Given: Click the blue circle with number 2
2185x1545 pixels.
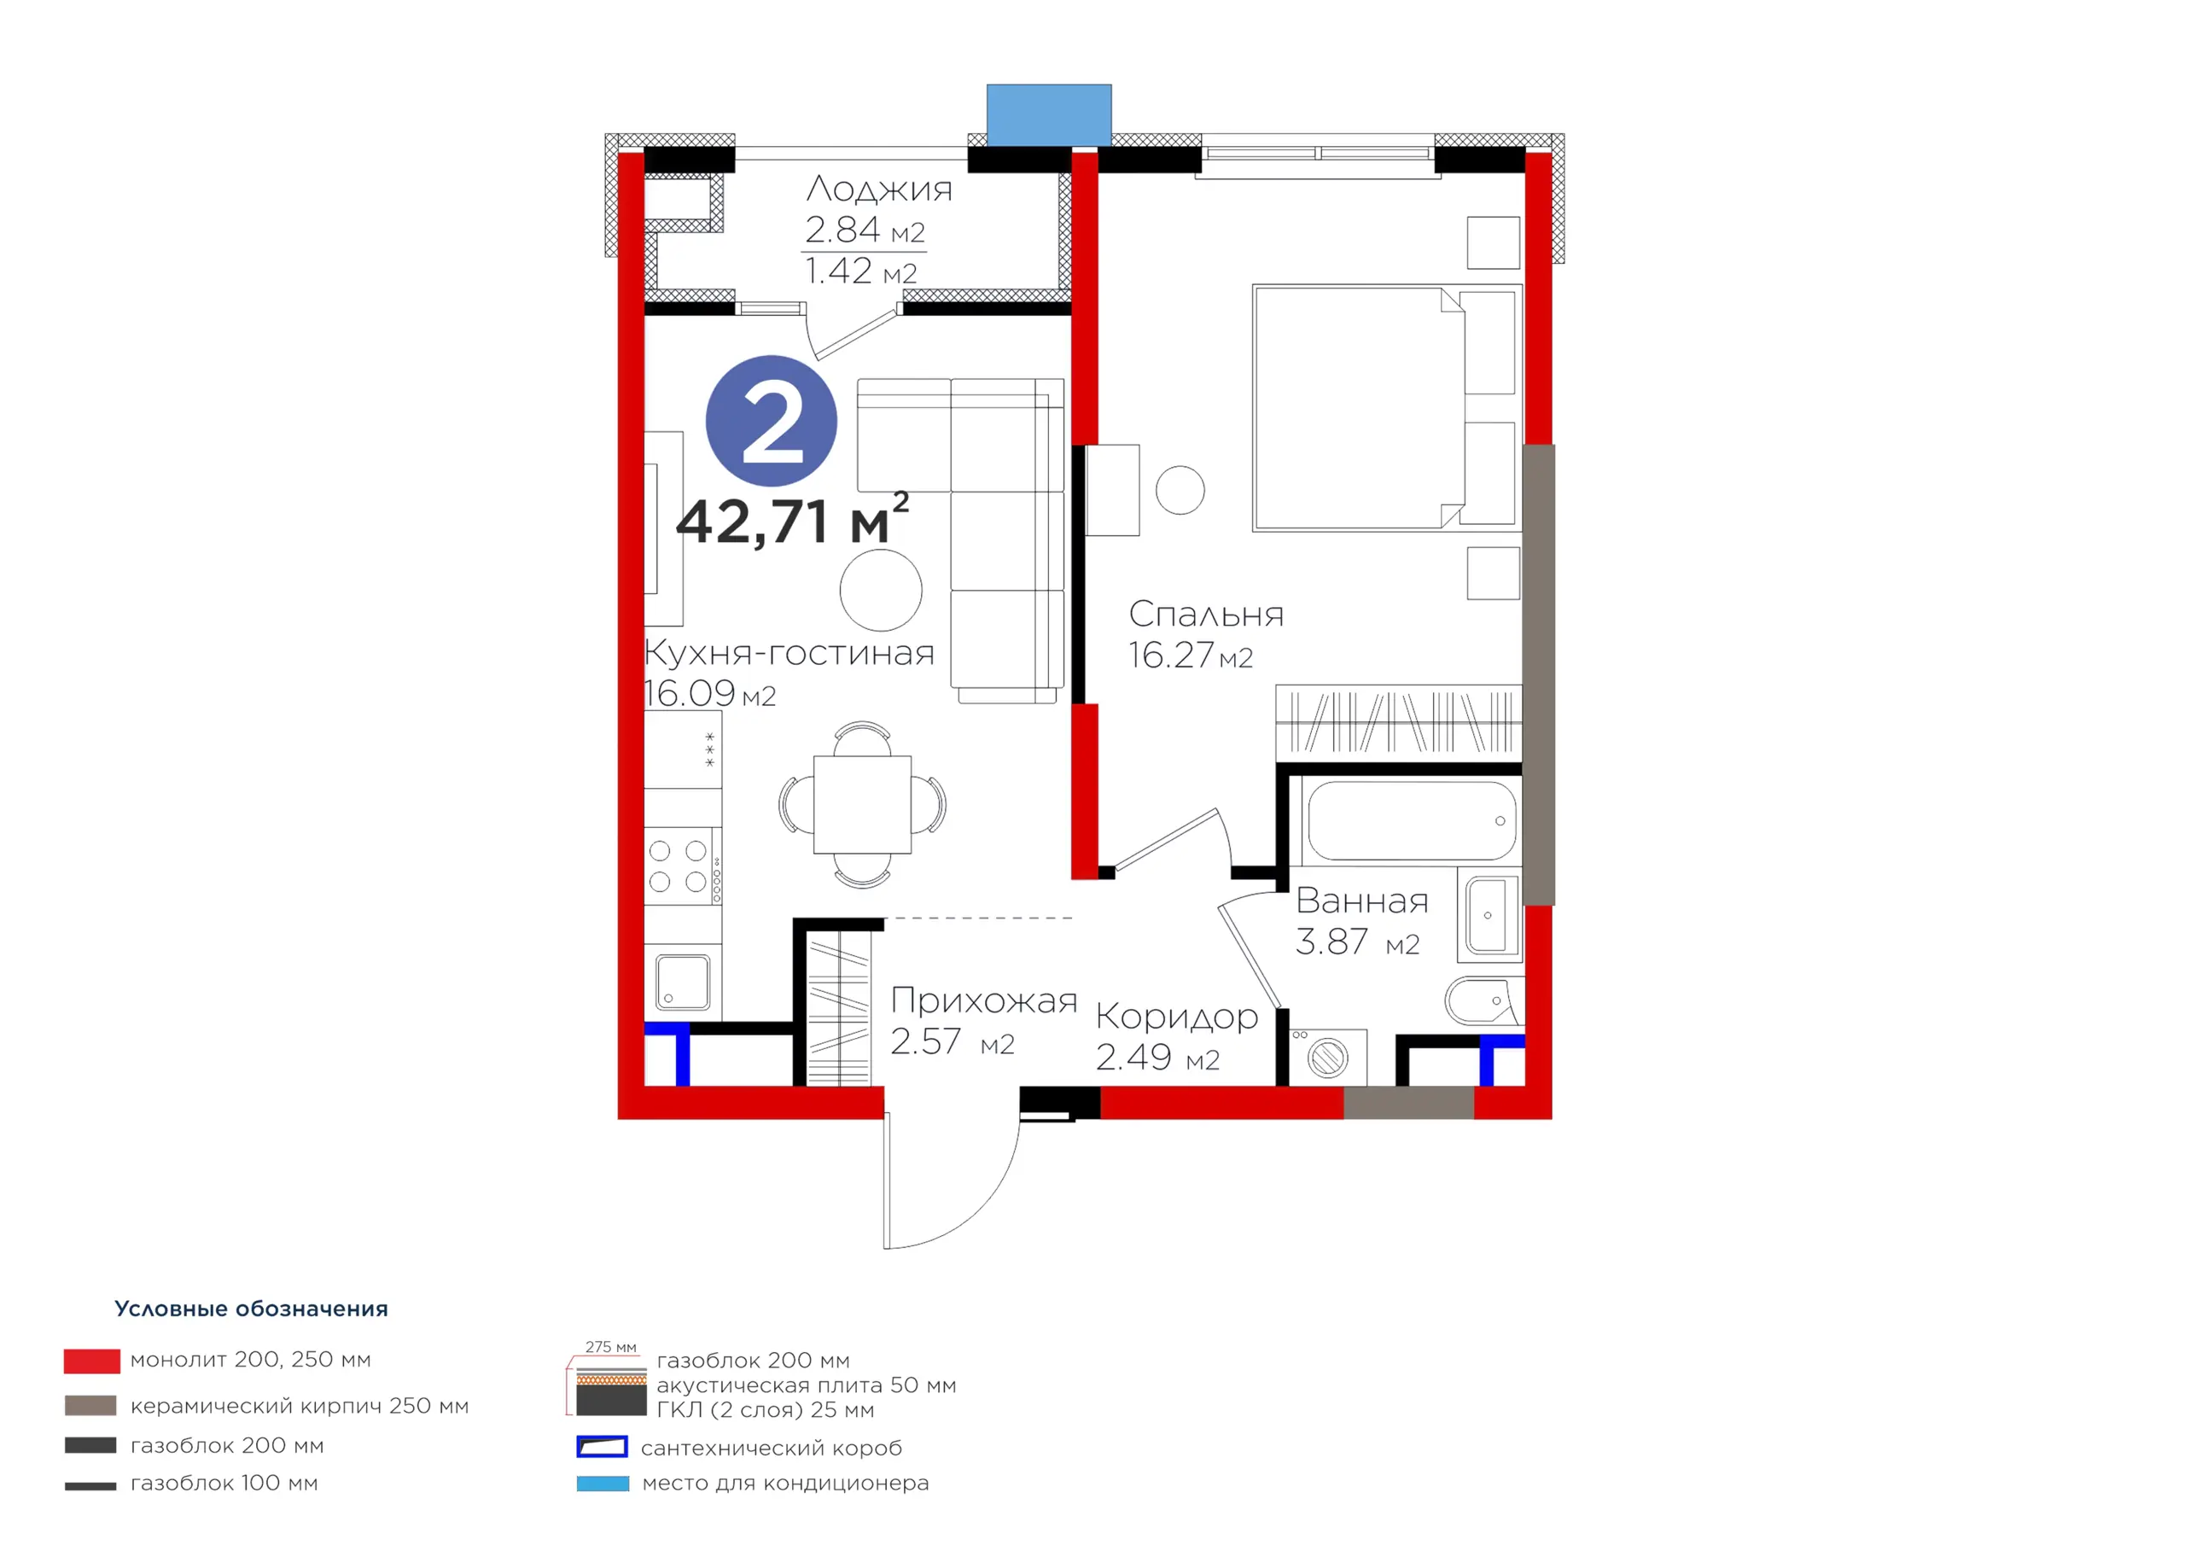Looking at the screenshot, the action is [x=771, y=421].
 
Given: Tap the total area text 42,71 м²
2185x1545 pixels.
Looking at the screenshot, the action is [x=792, y=520].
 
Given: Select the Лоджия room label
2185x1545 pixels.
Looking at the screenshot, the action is [x=878, y=189].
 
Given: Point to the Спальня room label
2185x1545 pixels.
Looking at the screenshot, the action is [x=1206, y=614].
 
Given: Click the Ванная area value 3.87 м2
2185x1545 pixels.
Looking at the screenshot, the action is [x=1357, y=942].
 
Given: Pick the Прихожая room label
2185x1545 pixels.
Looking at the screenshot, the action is [x=984, y=1001].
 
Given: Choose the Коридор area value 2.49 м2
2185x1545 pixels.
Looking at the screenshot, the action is [x=1157, y=1058].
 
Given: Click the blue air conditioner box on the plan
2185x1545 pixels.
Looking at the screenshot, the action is [x=1049, y=115].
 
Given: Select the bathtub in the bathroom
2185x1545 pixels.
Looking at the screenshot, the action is [x=1413, y=820].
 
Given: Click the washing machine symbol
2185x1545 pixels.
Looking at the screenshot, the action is [x=1327, y=1057].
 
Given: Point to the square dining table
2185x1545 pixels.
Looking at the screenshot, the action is [x=862, y=804].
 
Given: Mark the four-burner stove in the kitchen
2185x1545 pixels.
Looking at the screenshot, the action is [x=682, y=866].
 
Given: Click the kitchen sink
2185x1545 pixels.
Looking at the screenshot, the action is [x=682, y=982].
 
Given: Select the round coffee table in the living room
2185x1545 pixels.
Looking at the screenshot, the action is [x=880, y=590].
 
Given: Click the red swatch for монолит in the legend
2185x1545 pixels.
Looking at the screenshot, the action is [x=91, y=1361].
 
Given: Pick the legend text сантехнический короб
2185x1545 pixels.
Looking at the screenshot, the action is [x=771, y=1448].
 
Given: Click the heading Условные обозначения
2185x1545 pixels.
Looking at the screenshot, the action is [x=251, y=1309].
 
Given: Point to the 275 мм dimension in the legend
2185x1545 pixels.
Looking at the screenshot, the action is [x=611, y=1347].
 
